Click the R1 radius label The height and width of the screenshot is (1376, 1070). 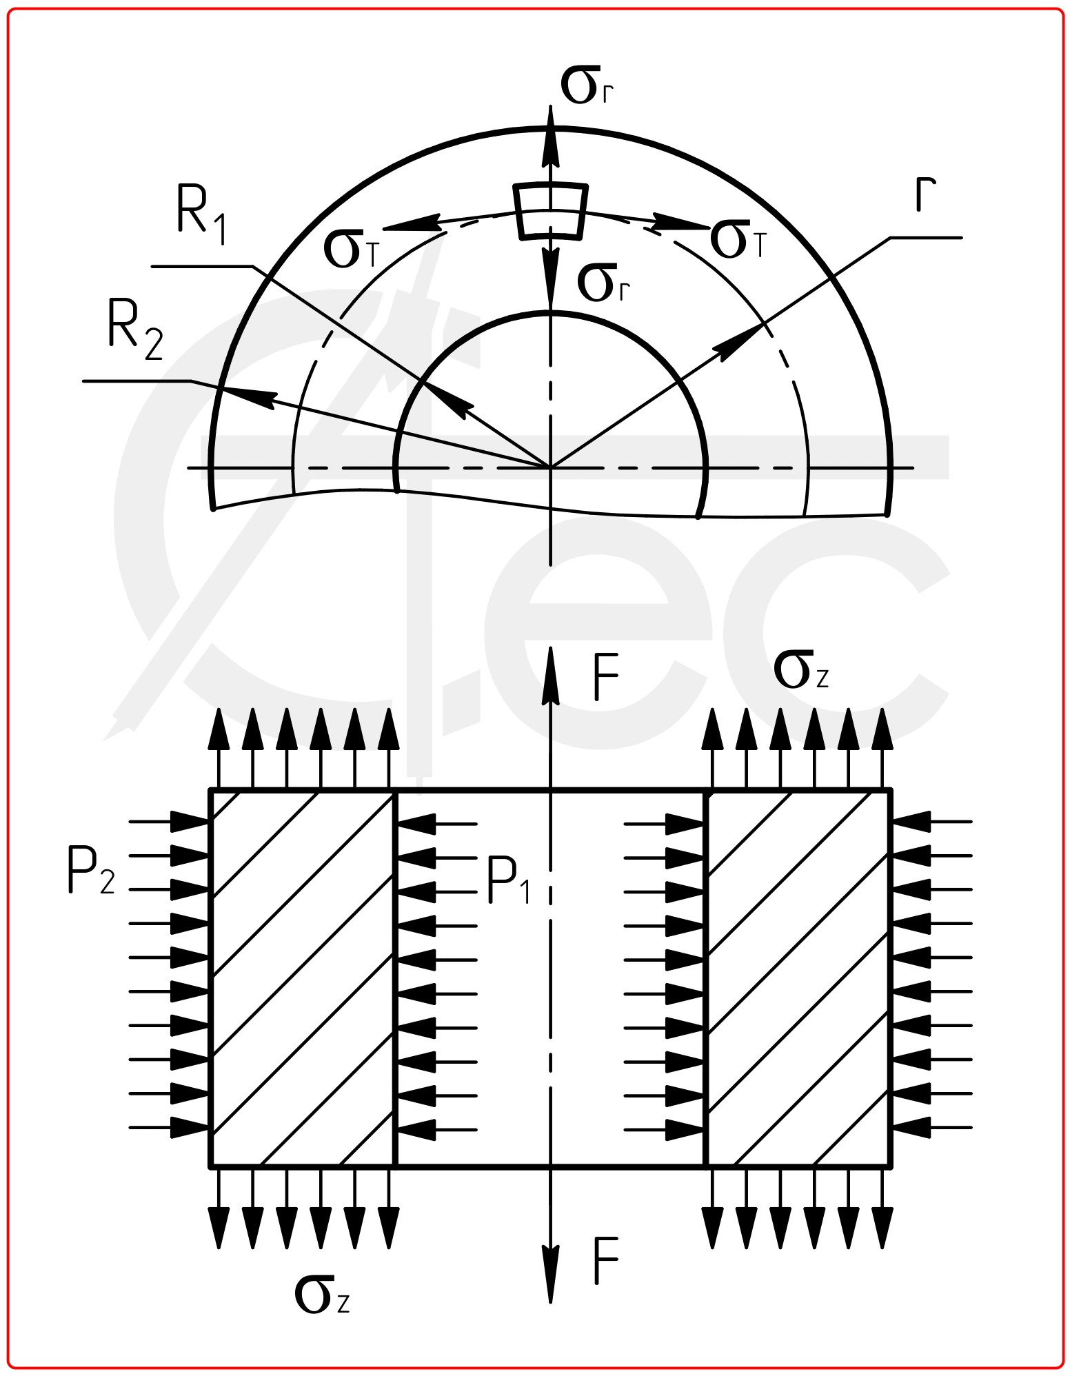(202, 214)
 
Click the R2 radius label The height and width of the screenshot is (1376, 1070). (136, 330)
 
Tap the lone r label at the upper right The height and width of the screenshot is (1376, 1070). (925, 194)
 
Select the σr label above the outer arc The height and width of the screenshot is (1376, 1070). (587, 85)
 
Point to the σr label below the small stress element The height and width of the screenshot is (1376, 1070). (604, 283)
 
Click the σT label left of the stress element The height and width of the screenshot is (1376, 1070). (352, 249)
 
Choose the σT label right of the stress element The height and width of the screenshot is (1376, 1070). (738, 239)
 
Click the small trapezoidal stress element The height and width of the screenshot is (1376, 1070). (551, 211)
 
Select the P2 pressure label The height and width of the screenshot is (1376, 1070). (91, 870)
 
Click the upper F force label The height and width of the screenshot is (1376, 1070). (605, 677)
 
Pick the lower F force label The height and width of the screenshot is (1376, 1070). (605, 1261)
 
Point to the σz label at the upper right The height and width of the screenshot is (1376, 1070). (800, 670)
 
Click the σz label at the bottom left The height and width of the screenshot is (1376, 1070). (322, 1294)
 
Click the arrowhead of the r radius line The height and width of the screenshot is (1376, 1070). (739, 342)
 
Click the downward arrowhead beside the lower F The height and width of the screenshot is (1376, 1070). (550, 1274)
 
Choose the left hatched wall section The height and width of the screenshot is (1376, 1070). (302, 978)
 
